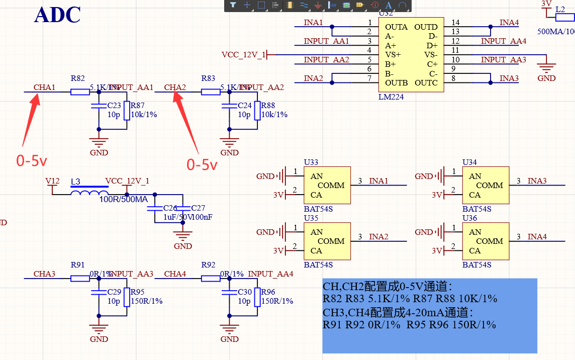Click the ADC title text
(x=57, y=15)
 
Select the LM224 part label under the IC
(x=391, y=97)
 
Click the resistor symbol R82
(x=80, y=92)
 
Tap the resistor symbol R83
(x=211, y=92)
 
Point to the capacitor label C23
(x=114, y=106)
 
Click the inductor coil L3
(x=89, y=193)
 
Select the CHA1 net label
(x=44, y=87)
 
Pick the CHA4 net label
(x=175, y=274)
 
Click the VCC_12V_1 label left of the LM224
(x=243, y=54)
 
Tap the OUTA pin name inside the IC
(x=397, y=27)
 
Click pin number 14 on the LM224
(x=455, y=23)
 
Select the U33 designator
(x=311, y=162)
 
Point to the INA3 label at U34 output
(x=537, y=181)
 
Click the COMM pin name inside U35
(x=331, y=241)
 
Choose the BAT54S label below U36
(x=476, y=264)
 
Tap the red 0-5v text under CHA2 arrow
(x=202, y=164)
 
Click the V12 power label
(x=52, y=181)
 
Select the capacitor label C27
(x=199, y=208)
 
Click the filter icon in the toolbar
(x=233, y=5)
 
